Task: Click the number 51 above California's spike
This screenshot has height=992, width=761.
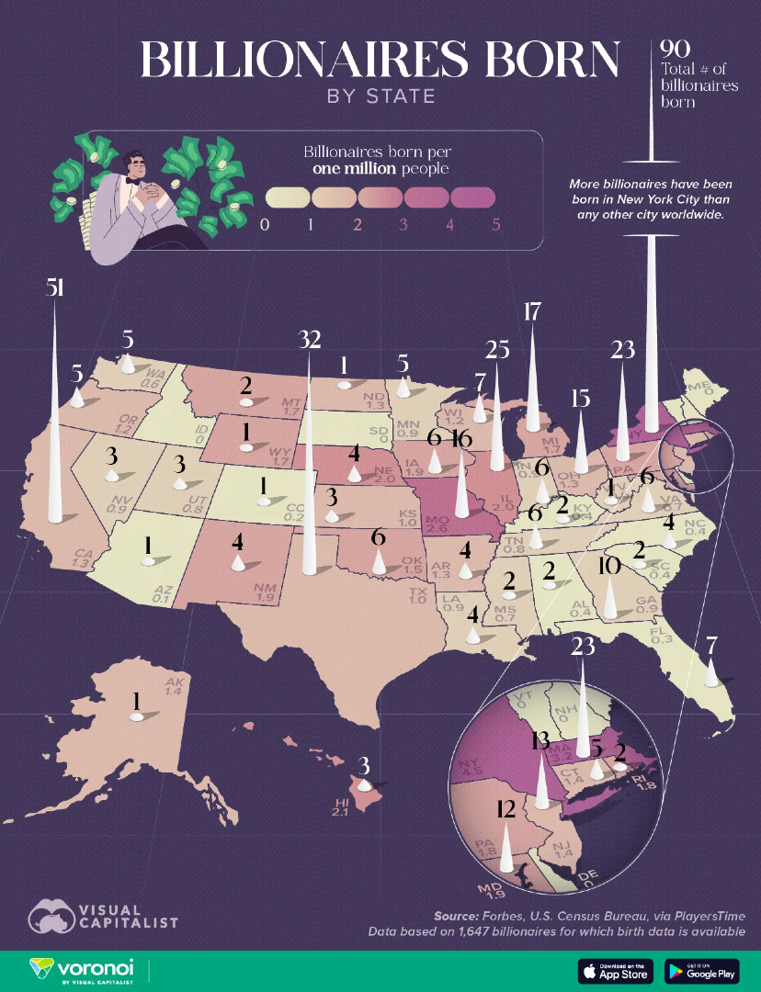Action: pyautogui.click(x=55, y=287)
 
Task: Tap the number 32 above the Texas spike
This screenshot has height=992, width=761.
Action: pyautogui.click(x=309, y=340)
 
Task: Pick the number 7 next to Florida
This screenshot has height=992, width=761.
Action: pyautogui.click(x=710, y=645)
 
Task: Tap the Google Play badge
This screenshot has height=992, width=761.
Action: pyautogui.click(x=701, y=971)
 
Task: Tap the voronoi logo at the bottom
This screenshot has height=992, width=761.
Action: pyautogui.click(x=83, y=970)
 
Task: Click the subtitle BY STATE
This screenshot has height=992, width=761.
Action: pyautogui.click(x=380, y=96)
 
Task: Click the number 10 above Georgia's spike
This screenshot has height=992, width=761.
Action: pyautogui.click(x=608, y=566)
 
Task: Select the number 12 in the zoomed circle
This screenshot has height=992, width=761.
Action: pyautogui.click(x=504, y=808)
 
